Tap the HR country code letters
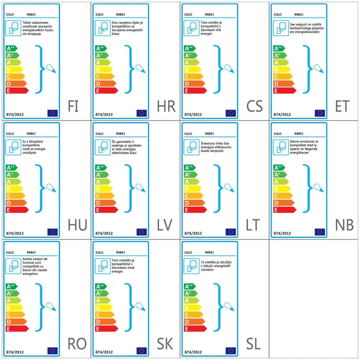[166, 106]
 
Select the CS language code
[255, 106]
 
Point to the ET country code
[342, 106]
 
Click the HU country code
[77, 225]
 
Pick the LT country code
[253, 225]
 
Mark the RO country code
[77, 344]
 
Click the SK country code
[165, 344]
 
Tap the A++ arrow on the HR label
[101, 48]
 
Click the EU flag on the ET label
[320, 113]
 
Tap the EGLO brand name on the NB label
[278, 134]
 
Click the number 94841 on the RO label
[31, 252]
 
